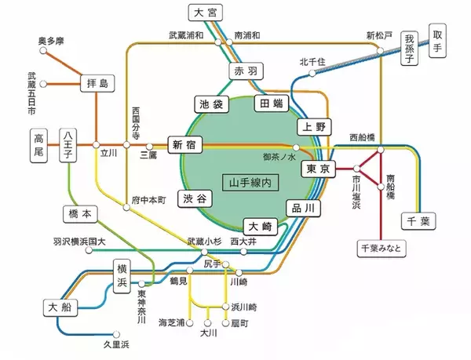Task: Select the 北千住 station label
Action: tap(312, 61)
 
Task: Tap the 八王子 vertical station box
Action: tap(68, 147)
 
